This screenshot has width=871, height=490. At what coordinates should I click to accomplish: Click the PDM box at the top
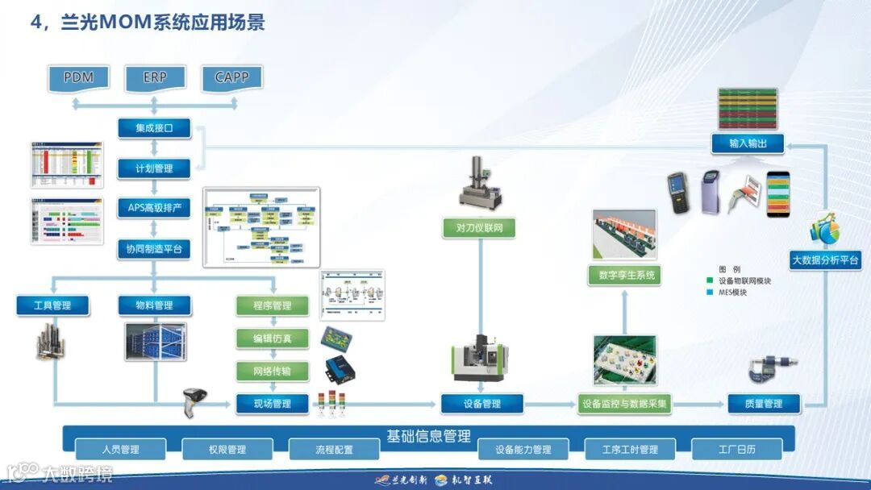79,77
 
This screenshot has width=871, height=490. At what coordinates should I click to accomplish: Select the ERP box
155,77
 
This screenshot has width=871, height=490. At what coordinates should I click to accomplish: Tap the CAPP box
231,77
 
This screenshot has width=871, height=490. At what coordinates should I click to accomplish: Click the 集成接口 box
154,128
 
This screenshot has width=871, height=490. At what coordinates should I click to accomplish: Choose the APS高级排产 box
154,208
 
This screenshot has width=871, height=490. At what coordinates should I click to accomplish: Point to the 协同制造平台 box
154,249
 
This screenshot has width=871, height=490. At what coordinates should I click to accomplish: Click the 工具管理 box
52,305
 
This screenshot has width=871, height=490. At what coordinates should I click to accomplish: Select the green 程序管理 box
273,306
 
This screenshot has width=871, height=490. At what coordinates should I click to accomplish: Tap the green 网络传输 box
273,372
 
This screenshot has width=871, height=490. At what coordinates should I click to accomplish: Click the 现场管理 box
272,404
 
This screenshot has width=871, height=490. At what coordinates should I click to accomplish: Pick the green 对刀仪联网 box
479,228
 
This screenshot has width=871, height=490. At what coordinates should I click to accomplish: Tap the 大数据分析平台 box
826,260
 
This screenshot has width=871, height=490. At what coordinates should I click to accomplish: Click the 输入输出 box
748,144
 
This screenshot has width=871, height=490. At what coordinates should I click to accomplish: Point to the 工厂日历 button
737,450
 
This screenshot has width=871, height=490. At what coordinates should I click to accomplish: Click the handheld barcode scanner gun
195,400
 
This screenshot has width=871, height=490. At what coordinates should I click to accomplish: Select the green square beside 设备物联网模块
710,281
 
